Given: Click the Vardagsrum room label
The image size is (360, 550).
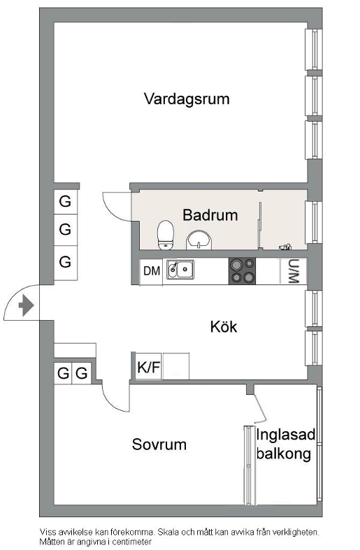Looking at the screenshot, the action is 187,99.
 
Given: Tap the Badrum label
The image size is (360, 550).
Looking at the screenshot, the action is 210,215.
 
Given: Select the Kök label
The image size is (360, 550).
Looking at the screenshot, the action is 224,326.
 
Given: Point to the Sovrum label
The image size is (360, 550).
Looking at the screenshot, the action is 159,444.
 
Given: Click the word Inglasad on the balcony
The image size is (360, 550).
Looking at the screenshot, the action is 286,435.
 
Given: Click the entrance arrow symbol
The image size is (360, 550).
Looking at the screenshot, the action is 27,305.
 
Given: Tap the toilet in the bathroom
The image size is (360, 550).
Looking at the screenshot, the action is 165,235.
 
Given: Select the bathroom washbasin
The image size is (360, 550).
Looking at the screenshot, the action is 199,240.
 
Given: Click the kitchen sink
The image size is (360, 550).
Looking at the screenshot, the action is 180,269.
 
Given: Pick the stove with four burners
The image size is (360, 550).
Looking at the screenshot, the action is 242,270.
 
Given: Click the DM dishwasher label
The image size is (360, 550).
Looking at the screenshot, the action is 152,270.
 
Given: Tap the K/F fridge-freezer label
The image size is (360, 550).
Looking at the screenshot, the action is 149,367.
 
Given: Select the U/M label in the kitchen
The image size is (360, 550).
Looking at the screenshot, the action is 293,271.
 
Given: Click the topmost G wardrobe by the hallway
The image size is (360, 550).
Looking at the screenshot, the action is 65,201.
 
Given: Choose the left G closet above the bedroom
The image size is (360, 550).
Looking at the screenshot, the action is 63,373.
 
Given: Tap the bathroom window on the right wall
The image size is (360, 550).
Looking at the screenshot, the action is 314,222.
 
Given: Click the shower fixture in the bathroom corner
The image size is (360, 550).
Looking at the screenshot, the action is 285,247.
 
